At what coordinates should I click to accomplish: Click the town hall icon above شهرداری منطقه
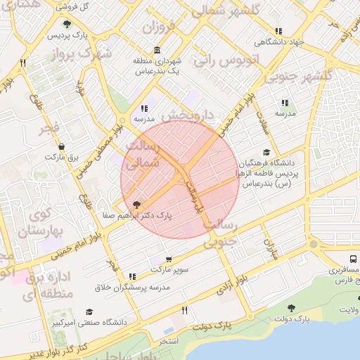tap(157, 51)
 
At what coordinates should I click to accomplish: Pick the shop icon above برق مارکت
tap(62, 147)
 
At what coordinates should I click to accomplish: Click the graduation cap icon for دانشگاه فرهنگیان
tap(266, 152)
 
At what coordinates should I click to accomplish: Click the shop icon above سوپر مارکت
tap(169, 259)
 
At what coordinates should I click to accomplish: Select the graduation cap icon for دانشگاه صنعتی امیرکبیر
tap(89, 311)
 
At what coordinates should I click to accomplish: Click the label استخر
tap(169, 341)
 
